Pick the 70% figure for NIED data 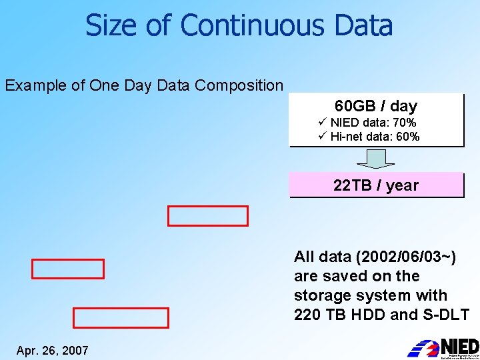[x=403, y=123]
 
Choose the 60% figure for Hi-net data [x=407, y=137]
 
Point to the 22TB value [x=351, y=185]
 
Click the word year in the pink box [x=402, y=185]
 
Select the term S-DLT [x=446, y=314]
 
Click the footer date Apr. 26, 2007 [x=53, y=350]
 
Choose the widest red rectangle [x=121, y=318]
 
